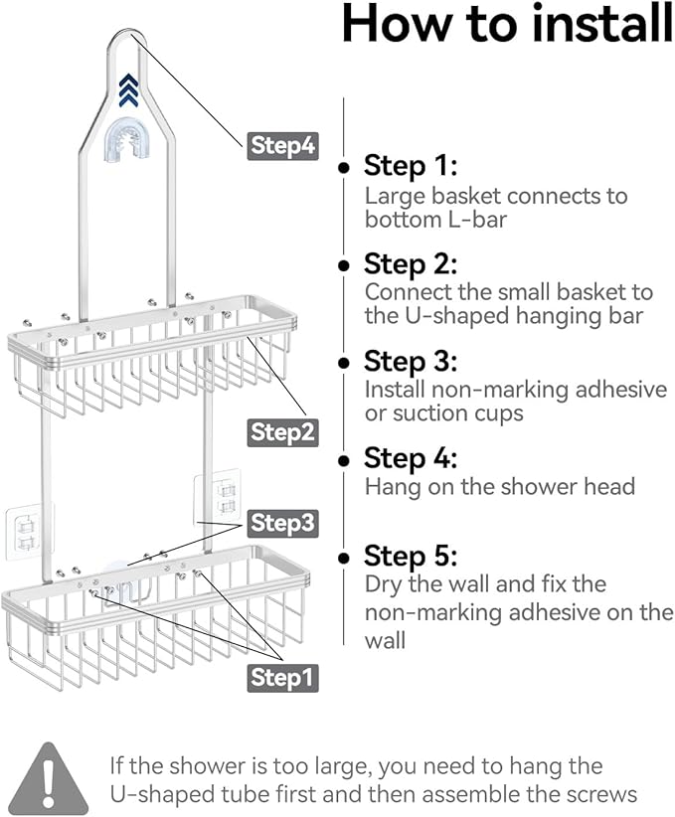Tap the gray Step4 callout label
[x=282, y=146]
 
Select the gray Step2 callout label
[x=282, y=431]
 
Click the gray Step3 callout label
[x=282, y=522]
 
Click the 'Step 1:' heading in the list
[x=410, y=165]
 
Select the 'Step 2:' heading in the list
[x=411, y=264]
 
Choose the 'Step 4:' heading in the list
[x=411, y=458]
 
